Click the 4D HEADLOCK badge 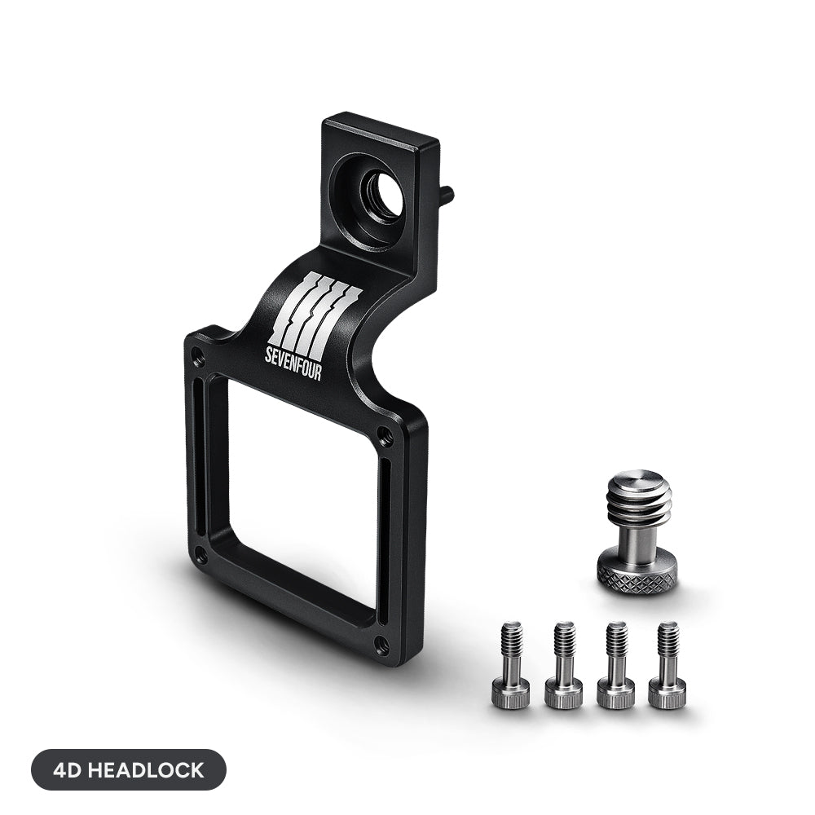[129, 770]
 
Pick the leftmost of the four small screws [511, 664]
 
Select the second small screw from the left [564, 664]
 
